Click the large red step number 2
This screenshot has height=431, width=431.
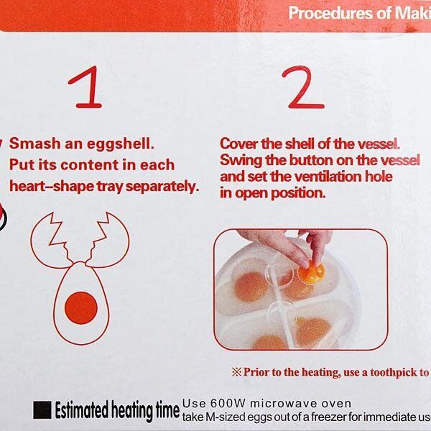click(303, 87)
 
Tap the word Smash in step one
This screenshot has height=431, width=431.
click(35, 144)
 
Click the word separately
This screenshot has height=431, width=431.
click(162, 187)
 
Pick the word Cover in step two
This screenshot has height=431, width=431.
click(239, 144)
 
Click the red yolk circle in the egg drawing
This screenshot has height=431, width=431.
click(81, 308)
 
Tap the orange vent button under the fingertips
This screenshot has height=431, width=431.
click(312, 274)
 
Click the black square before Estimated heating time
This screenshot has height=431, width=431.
click(42, 410)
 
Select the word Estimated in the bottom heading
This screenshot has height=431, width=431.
click(82, 410)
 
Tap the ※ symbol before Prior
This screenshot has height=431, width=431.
click(237, 372)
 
